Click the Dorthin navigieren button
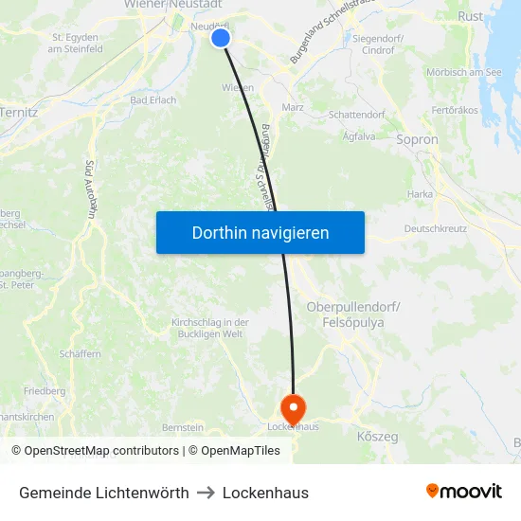260,232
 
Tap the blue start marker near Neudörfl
221,37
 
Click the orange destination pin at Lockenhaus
294,408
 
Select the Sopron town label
418,139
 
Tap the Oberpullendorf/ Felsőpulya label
353,315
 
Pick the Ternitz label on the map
19,112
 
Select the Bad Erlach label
153,100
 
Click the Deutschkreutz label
435,228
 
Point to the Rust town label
470,16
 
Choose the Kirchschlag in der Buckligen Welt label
209,328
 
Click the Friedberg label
45,390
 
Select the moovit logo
464,492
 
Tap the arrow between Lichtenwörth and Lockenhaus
206,493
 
